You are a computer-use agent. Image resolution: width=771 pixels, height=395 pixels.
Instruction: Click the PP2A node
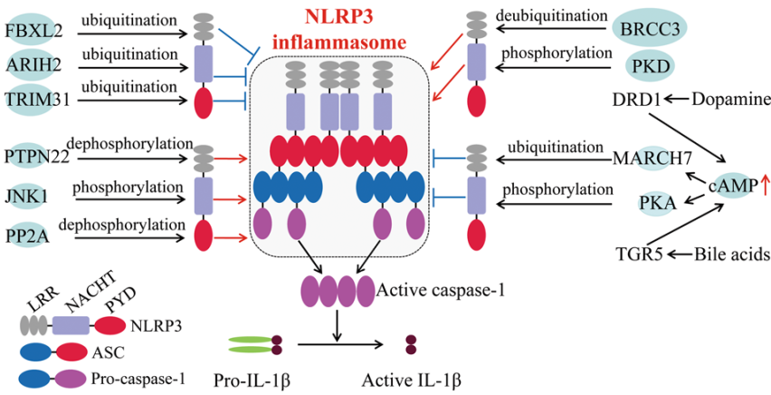click(x=29, y=232)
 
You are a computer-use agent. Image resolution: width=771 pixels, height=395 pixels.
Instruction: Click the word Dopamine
click(x=730, y=99)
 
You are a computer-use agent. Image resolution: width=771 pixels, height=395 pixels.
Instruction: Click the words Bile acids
click(x=733, y=254)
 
